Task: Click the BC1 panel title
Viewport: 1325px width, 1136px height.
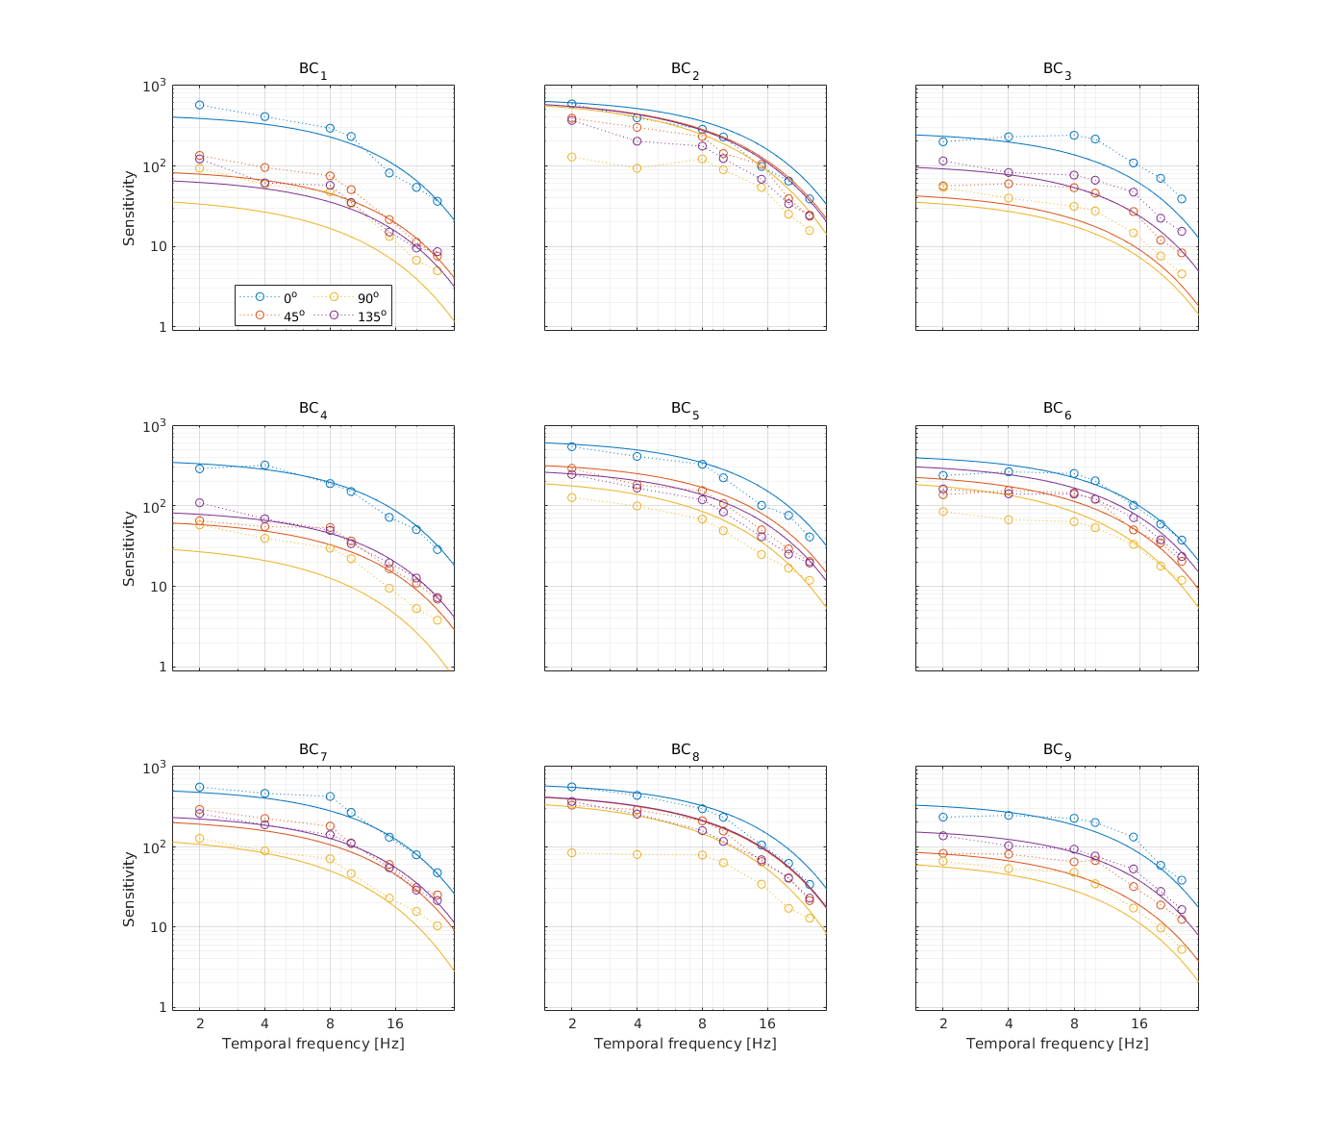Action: point(312,70)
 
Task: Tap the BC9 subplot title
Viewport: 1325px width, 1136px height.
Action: point(1057,749)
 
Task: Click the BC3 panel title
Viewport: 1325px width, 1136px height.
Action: point(1057,70)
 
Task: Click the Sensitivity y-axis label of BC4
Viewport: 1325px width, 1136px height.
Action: point(129,548)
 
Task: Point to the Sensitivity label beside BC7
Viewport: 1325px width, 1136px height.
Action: point(129,888)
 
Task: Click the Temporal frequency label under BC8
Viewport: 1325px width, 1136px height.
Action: point(685,1044)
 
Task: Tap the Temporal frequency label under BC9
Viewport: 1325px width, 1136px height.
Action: point(1057,1044)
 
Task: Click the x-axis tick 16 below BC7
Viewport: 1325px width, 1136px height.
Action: point(394,1022)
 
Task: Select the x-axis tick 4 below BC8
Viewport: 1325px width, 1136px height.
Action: point(637,1022)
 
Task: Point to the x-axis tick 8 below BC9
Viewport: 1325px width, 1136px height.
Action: point(1074,1022)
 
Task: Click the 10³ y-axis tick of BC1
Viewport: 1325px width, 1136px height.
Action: point(152,86)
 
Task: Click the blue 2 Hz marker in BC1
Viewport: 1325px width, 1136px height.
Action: point(200,105)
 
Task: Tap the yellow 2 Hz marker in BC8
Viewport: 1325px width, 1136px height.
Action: point(572,853)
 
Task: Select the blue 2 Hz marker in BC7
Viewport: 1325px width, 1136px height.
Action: point(200,787)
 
